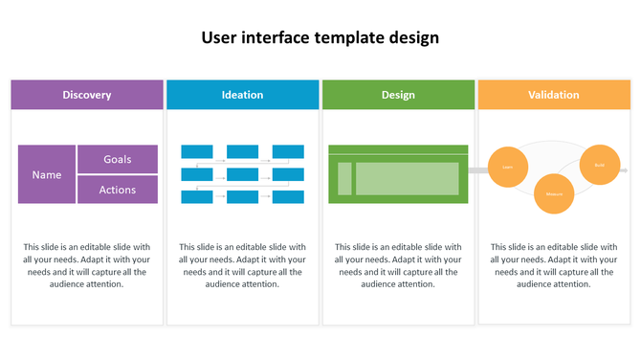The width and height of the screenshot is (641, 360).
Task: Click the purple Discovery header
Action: (x=87, y=95)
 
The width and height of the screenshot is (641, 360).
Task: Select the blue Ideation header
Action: (x=242, y=95)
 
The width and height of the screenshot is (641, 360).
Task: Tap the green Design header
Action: (x=398, y=95)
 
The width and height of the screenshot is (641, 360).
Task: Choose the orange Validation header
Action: (x=553, y=95)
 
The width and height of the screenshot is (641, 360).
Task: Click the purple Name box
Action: (x=47, y=174)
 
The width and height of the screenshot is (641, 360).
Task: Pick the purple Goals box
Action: (x=117, y=159)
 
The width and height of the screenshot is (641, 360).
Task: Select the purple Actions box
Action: (x=117, y=190)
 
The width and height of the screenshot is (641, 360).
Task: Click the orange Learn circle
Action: (x=508, y=167)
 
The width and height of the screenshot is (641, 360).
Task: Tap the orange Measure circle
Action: (x=553, y=193)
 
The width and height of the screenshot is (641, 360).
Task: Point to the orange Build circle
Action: (x=599, y=165)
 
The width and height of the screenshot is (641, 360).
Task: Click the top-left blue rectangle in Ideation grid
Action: (x=196, y=151)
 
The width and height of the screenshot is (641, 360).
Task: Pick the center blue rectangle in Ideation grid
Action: (x=242, y=174)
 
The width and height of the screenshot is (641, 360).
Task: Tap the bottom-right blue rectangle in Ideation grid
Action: (x=288, y=196)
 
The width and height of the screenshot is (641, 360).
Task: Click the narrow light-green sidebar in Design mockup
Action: (x=344, y=178)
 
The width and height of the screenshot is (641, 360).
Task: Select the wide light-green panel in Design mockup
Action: (x=407, y=178)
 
